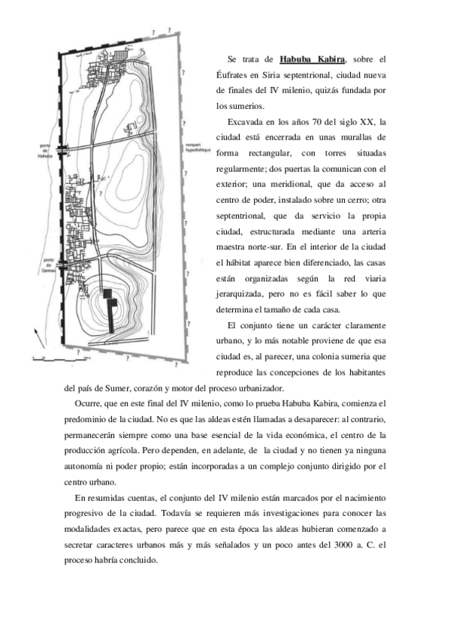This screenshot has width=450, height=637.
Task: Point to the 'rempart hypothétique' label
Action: (x=193, y=149)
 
